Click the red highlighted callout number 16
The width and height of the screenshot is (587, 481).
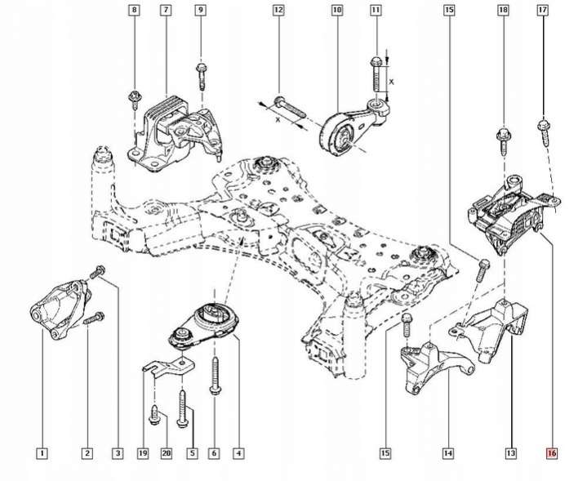click(553, 452)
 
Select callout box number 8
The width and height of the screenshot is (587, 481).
click(135, 11)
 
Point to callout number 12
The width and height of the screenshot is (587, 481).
click(278, 11)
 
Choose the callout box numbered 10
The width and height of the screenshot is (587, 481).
click(337, 11)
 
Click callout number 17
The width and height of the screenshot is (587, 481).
click(542, 11)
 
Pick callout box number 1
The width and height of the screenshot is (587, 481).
click(41, 452)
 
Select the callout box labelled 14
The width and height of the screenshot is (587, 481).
click(447, 452)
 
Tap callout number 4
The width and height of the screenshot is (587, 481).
click(238, 452)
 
